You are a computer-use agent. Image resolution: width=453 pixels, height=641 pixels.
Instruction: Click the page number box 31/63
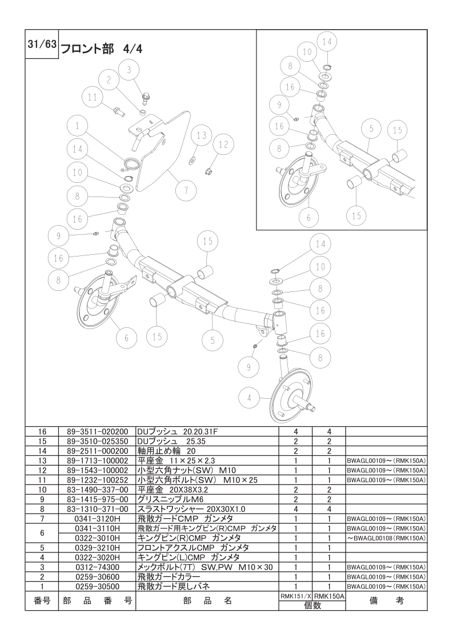tap(42, 44)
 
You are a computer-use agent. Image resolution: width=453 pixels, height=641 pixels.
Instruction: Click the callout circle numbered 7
tap(186, 190)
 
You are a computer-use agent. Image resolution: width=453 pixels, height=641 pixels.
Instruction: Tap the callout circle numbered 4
tap(249, 398)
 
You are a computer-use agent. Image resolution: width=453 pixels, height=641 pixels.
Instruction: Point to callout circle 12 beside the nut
tap(223, 145)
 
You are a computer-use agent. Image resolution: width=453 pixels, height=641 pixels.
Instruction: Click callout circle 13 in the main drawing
tap(202, 135)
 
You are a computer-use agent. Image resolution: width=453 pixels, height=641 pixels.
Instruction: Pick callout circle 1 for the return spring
tap(77, 126)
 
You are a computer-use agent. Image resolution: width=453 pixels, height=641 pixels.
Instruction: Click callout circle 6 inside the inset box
tap(308, 218)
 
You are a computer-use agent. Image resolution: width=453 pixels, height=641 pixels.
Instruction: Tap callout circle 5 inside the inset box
tap(371, 129)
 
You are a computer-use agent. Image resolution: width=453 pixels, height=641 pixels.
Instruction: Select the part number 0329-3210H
tap(97, 548)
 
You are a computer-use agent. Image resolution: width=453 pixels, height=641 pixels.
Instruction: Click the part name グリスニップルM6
tap(170, 499)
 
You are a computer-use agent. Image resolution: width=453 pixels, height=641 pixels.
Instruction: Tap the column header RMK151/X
tap(295, 596)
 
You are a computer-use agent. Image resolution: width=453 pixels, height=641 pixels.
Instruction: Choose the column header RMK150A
tap(329, 596)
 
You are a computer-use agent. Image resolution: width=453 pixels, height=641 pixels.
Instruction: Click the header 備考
tap(386, 600)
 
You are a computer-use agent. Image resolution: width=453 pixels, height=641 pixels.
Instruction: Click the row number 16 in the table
tap(42, 432)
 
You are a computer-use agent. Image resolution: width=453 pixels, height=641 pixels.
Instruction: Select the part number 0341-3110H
tap(97, 528)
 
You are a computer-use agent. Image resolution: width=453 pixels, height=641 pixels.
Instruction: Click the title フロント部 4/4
tap(101, 50)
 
